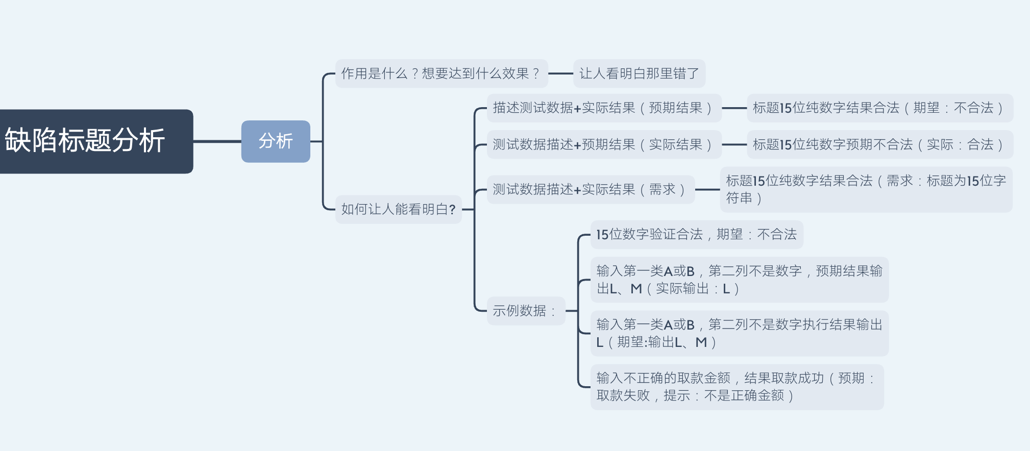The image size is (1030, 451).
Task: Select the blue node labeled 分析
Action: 276,141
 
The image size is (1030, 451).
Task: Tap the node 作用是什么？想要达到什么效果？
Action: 441,73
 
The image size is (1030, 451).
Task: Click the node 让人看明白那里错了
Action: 639,73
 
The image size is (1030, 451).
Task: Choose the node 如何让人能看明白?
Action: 398,209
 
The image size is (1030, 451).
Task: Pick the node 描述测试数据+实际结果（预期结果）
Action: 604,108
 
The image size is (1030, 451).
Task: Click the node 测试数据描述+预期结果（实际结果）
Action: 604,144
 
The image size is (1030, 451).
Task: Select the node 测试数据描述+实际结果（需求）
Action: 591,189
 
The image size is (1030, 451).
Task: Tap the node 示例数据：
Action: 526,311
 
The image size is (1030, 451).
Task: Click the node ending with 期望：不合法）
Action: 879,108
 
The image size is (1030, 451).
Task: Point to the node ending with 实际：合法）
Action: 879,144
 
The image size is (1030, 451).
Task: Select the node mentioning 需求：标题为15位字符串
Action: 866,189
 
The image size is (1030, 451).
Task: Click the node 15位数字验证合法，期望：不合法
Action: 696,234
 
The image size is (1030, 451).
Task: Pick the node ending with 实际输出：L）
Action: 739,280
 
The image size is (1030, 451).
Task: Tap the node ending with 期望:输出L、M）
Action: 739,333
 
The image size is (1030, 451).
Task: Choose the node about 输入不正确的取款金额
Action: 737,387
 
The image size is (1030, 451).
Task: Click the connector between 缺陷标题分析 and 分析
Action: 217,141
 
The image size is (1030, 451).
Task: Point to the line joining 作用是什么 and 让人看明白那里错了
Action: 560,73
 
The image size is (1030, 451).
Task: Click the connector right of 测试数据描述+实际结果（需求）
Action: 707,189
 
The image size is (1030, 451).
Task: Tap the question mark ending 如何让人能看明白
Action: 452,210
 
